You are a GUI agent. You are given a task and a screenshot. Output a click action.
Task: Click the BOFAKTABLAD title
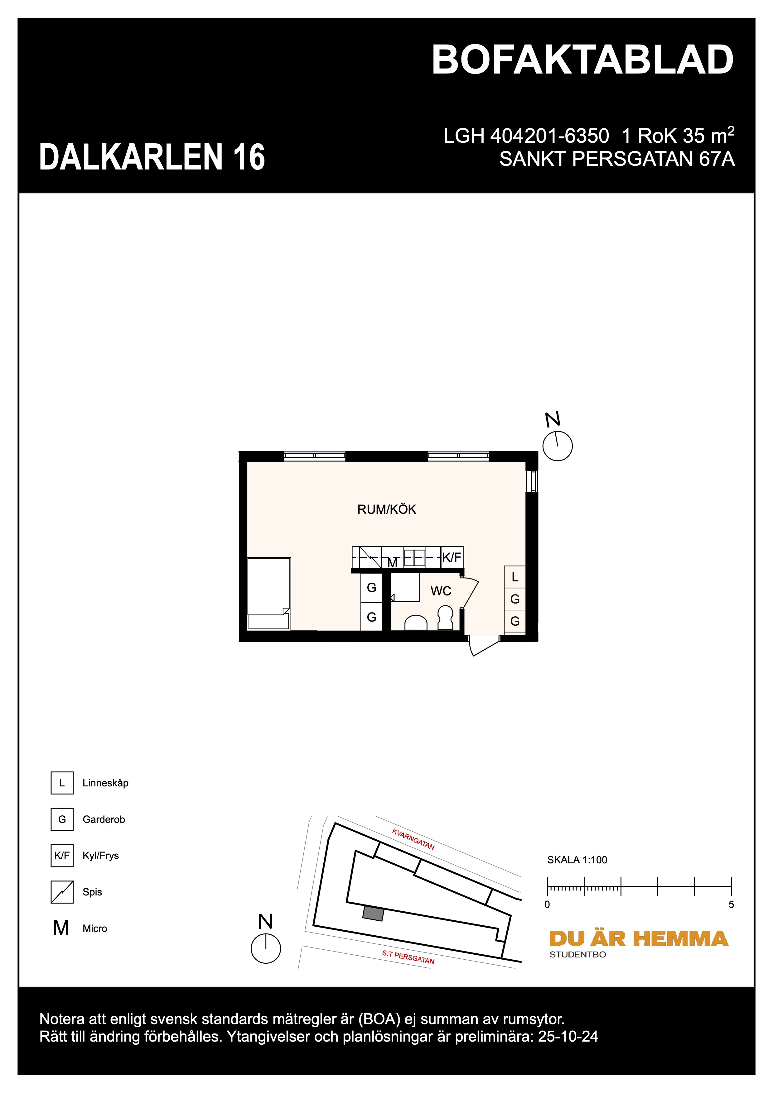[x=582, y=60]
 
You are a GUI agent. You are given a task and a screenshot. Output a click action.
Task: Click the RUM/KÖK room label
[x=386, y=509]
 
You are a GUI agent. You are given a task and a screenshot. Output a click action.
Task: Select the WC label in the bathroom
[x=441, y=591]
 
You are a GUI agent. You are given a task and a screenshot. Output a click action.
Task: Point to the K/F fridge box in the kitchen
[x=452, y=557]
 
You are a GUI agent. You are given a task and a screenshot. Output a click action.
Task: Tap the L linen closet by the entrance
[x=515, y=577]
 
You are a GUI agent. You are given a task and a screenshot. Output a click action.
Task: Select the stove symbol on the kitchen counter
[x=370, y=557]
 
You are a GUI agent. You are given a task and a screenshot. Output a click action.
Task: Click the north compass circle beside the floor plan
[x=557, y=446]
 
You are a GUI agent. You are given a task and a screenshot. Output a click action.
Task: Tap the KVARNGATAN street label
[x=413, y=839]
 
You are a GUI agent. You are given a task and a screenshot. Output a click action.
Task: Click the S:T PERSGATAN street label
[x=408, y=957]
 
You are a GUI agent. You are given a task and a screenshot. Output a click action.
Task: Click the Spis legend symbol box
[x=62, y=892]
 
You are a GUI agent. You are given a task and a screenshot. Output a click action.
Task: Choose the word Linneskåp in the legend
[x=105, y=783]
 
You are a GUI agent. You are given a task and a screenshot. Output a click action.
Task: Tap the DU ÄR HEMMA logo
[x=638, y=939]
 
